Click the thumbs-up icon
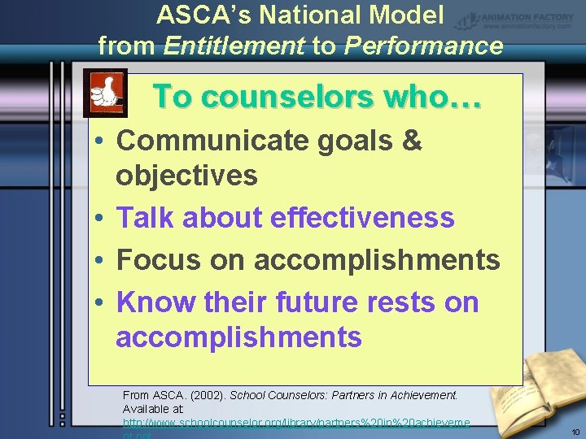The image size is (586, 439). [105, 93]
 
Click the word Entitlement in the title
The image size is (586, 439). [234, 46]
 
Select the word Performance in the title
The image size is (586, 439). [423, 46]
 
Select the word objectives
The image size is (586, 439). [186, 175]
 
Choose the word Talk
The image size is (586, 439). [146, 217]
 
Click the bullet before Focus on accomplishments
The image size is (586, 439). [96, 261]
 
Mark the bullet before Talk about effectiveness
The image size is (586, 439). [96, 218]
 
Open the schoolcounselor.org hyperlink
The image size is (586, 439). [296, 424]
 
